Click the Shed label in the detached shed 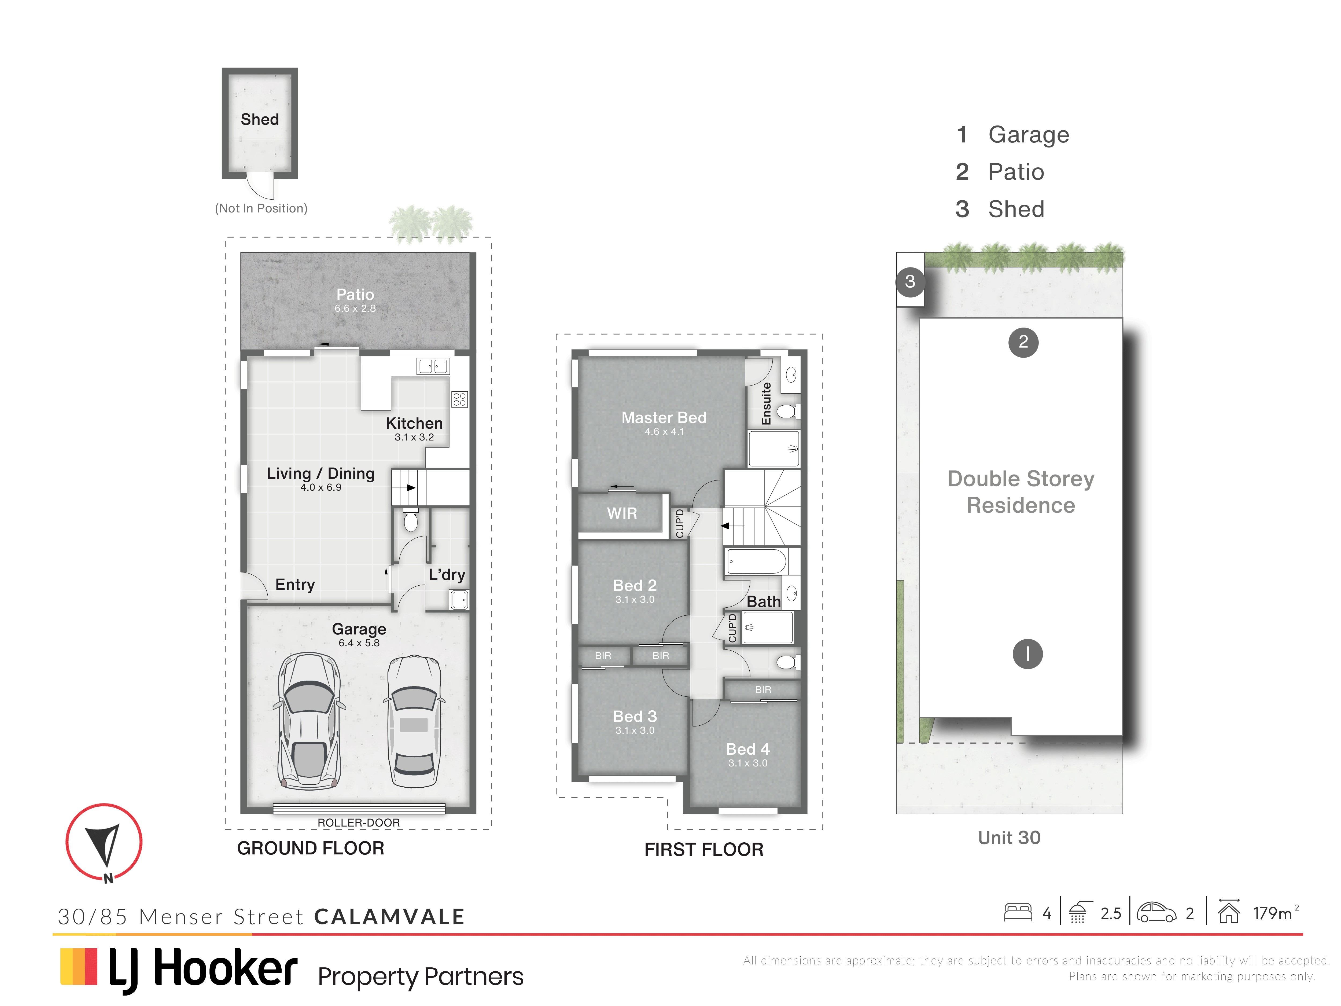(x=259, y=119)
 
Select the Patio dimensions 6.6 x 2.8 (x=355, y=309)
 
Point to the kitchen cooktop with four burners (x=459, y=399)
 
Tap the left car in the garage (x=309, y=720)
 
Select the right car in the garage (x=414, y=722)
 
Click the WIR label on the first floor (x=622, y=514)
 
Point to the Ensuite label (x=766, y=403)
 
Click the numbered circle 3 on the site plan (x=910, y=281)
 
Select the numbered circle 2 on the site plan (x=1023, y=342)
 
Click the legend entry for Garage (x=1012, y=135)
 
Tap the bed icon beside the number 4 (x=1018, y=913)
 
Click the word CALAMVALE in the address (x=389, y=916)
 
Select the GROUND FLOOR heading (x=310, y=848)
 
